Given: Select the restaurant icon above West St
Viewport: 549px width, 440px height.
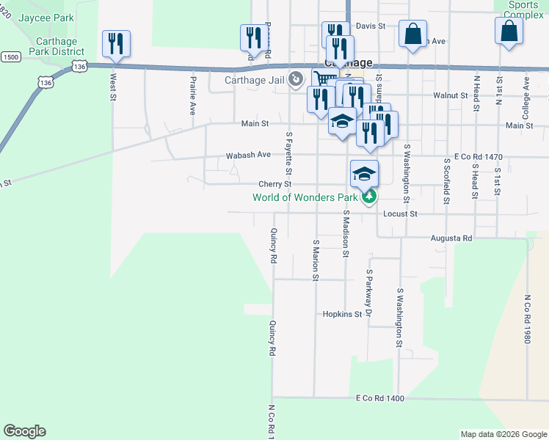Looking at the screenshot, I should click(117, 43).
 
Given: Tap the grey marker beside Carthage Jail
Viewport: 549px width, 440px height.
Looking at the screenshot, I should click(296, 78).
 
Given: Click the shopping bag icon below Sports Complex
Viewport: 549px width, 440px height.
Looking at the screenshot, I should click(509, 31).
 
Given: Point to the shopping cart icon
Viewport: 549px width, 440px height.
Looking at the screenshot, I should click(324, 79).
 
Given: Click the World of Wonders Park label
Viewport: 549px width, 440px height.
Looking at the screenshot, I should click(305, 197).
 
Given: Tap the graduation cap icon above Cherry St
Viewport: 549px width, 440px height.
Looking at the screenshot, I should click(364, 174).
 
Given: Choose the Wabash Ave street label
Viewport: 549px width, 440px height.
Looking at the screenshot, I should click(249, 155).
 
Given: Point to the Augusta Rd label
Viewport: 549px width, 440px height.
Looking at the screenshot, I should click(451, 238).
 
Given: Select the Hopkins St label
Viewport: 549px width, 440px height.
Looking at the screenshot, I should click(343, 314).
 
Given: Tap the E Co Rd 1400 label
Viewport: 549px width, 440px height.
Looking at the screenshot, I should click(380, 397).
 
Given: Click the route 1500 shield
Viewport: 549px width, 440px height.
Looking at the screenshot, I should click(11, 56).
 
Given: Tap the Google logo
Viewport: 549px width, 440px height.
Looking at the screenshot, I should click(24, 431).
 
